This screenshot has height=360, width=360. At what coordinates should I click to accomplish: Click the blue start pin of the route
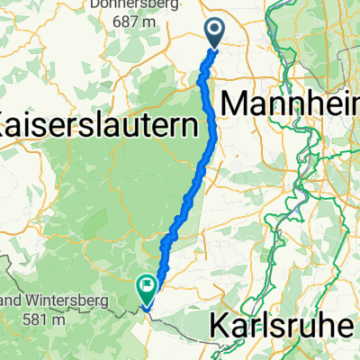(216, 33)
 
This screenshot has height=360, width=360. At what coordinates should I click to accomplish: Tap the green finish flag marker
(146, 287)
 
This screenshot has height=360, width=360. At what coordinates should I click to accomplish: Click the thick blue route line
(213, 135)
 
